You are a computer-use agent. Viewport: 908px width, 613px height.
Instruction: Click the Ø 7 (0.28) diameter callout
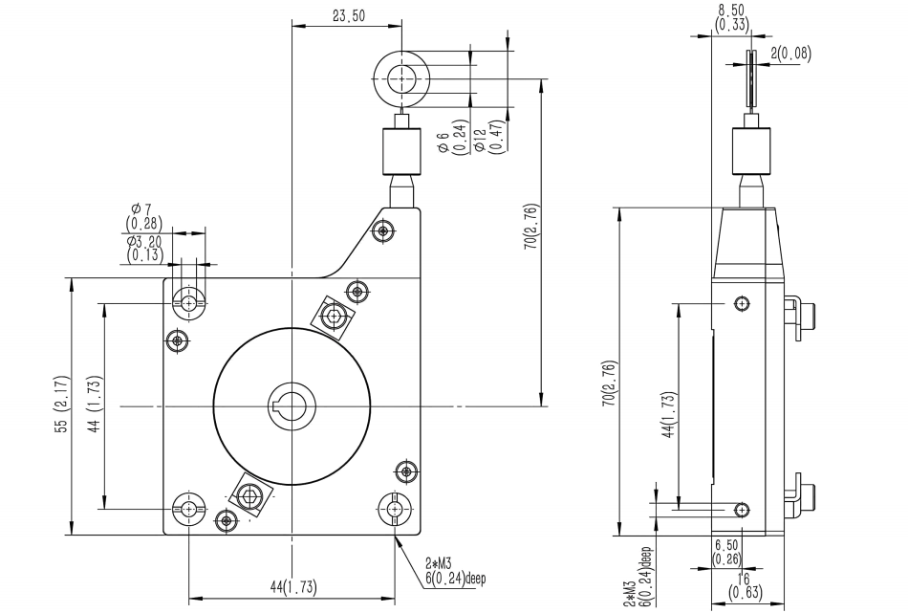tap(144, 215)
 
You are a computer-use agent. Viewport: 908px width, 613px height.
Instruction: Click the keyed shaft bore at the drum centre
tap(292, 405)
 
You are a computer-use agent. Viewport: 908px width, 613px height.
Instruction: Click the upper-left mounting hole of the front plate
tap(189, 302)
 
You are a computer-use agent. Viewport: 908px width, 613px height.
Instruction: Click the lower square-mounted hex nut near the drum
tap(251, 494)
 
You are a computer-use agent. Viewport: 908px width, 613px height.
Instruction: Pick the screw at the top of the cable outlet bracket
tap(384, 230)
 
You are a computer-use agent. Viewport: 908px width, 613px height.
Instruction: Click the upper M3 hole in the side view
tap(741, 303)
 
